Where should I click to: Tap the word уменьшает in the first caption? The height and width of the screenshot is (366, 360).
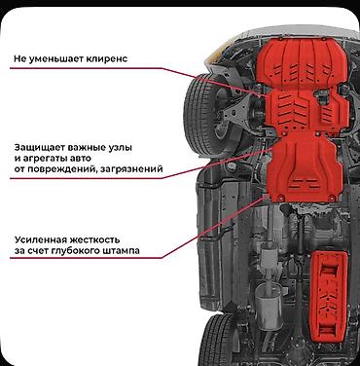click(x=56, y=59)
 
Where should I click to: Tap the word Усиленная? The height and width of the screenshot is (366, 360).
click(x=40, y=239)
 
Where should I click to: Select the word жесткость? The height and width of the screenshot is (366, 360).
click(x=94, y=239)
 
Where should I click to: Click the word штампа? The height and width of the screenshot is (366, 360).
click(x=121, y=251)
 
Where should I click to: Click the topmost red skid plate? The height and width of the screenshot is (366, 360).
click(x=301, y=64)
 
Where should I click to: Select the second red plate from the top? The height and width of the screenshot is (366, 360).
click(x=306, y=112)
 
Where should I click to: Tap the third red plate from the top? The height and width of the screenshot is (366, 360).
click(x=305, y=168)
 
